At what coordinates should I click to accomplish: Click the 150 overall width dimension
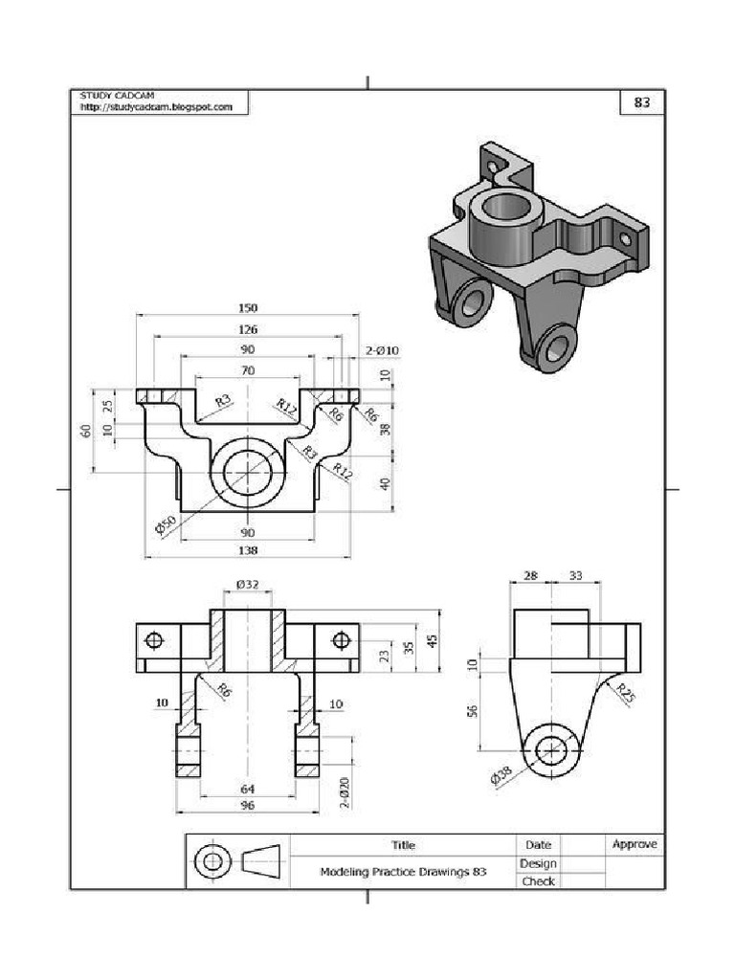click(248, 308)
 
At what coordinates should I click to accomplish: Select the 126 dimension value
click(248, 329)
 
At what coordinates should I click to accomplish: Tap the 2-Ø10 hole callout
click(382, 351)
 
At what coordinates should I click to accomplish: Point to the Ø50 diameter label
click(166, 525)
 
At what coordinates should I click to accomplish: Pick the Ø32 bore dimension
click(248, 584)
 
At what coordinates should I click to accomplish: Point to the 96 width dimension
click(248, 806)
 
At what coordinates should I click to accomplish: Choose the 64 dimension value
click(248, 789)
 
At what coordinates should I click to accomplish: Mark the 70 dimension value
click(248, 370)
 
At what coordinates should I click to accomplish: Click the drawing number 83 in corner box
click(642, 102)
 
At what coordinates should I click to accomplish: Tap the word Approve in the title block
click(635, 844)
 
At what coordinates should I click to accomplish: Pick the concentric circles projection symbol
click(212, 862)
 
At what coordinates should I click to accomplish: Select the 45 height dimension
click(433, 641)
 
